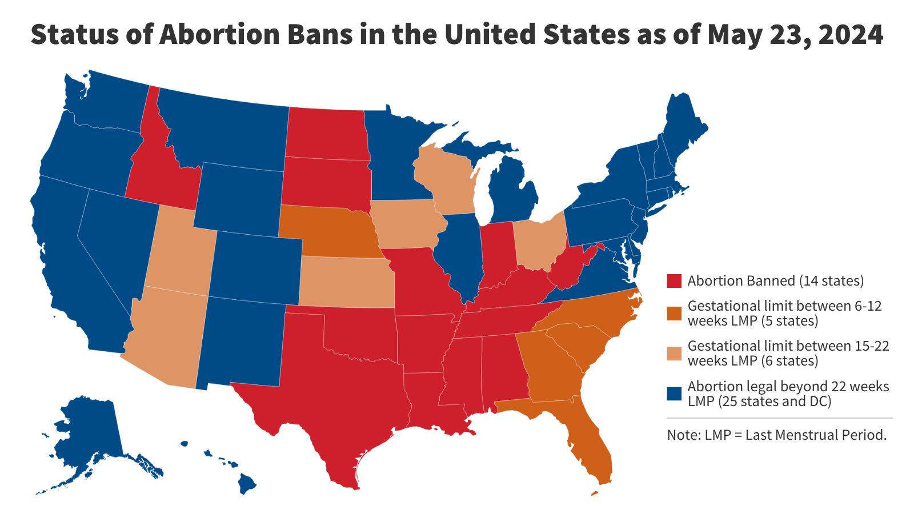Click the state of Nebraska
[331, 228]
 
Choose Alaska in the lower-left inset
[91, 434]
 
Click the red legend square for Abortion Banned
[674, 281]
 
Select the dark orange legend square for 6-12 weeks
[674, 313]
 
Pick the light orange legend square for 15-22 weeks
[674, 354]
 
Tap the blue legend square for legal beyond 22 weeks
[674, 393]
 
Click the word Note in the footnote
[683, 435]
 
